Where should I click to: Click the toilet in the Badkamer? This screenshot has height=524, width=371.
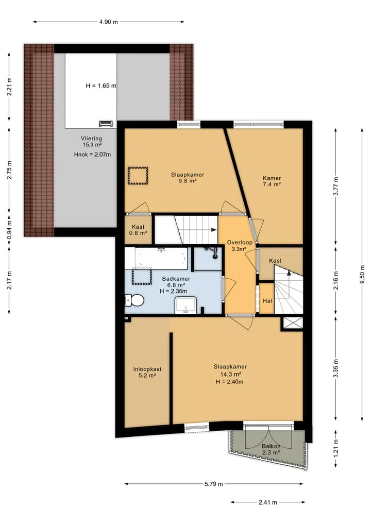click(134, 300)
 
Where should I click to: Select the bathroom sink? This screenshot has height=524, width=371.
click(185, 306)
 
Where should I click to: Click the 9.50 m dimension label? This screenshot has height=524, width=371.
click(362, 274)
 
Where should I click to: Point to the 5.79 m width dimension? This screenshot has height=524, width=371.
click(213, 484)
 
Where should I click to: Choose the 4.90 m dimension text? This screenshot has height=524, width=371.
click(108, 22)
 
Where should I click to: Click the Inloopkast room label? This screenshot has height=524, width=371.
click(147, 369)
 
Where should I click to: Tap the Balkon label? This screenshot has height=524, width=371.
click(271, 446)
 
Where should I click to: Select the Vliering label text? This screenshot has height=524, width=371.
click(91, 139)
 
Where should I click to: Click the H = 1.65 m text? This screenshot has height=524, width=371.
click(101, 86)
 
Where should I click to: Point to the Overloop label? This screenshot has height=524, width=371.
click(239, 242)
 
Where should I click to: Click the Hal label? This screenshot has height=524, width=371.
click(267, 301)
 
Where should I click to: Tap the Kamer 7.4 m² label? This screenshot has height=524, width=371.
click(272, 181)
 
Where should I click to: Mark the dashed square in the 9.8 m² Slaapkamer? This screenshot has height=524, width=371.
click(138, 176)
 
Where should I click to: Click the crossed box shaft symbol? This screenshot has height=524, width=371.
click(293, 323)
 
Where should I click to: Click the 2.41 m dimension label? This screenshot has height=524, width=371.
click(268, 502)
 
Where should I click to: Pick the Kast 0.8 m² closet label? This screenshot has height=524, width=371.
click(138, 230)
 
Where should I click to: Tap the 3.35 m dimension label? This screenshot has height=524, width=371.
click(336, 368)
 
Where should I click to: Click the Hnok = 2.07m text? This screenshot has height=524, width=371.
click(92, 155)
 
